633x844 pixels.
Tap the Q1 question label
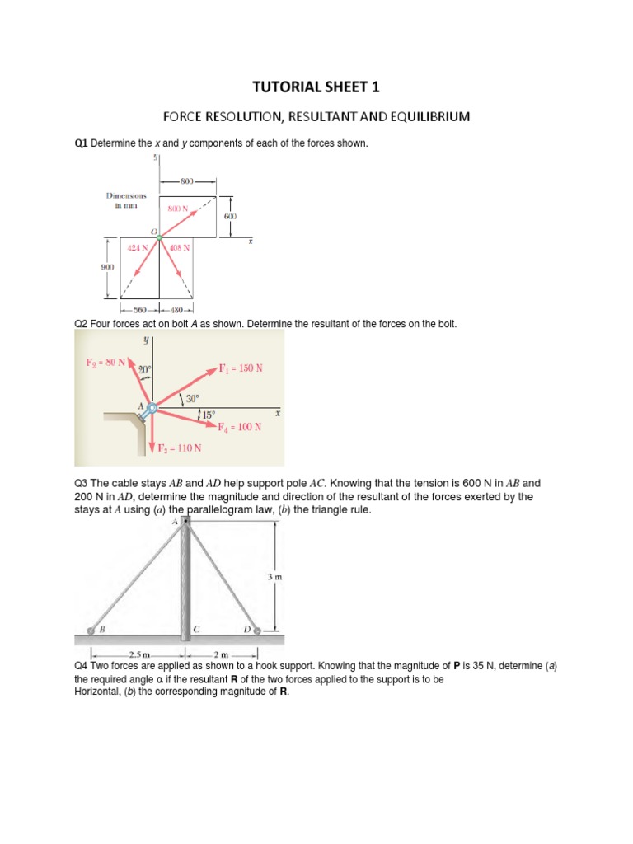pyautogui.click(x=81, y=144)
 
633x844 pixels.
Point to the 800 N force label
pyautogui.click(x=178, y=209)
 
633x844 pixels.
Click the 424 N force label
pyautogui.click(x=138, y=247)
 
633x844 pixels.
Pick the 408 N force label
pyautogui.click(x=180, y=247)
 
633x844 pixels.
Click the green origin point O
pyautogui.click(x=159, y=237)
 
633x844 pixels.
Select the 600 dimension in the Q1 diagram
pyautogui.click(x=230, y=216)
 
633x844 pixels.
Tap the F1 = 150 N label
pyautogui.click(x=241, y=368)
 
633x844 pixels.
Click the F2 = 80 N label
pyautogui.click(x=105, y=362)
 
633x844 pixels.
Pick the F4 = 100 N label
pyautogui.click(x=240, y=427)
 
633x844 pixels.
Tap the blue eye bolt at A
pyautogui.click(x=151, y=406)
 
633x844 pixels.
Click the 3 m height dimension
pyautogui.click(x=274, y=578)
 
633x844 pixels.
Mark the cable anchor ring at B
pyautogui.click(x=92, y=631)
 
